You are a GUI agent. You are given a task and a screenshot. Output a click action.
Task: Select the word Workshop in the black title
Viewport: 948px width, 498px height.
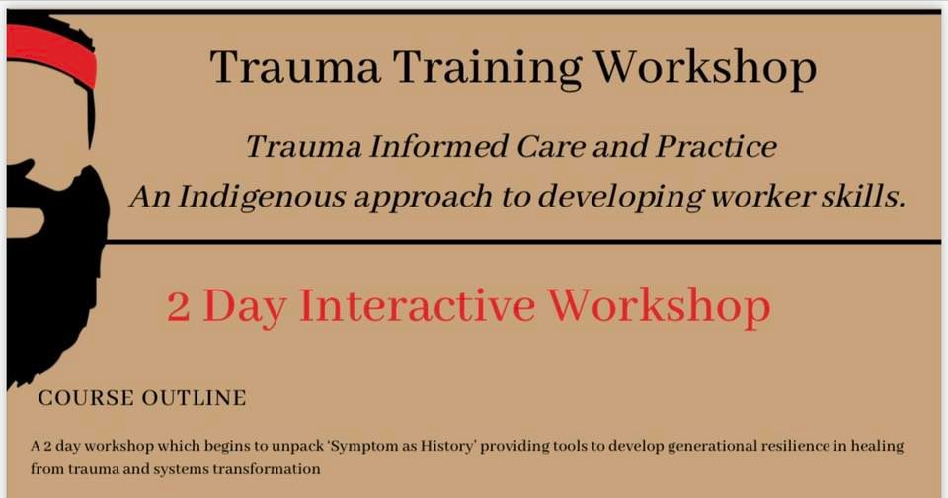708,68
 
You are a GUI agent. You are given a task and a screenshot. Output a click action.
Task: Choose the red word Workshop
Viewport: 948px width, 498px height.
660,306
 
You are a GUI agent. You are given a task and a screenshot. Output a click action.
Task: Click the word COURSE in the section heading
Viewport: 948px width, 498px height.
86,399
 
